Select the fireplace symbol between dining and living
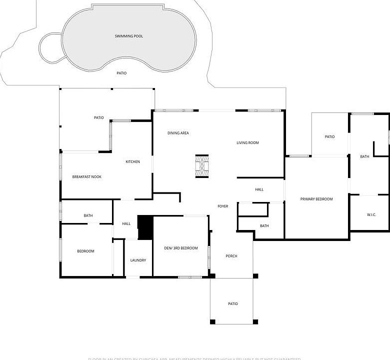coord(202,165)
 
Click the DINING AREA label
coord(177,133)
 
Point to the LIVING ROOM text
coord(247,143)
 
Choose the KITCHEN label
coord(132,161)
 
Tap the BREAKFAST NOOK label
coord(86,176)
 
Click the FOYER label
coord(223,206)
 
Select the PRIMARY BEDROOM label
coord(316,199)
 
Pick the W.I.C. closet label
coord(371,214)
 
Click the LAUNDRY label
coord(138,260)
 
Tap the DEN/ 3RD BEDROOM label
coord(181,248)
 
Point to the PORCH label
coord(231,256)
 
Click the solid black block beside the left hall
coord(145,227)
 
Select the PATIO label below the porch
coord(232,303)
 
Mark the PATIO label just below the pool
coord(121,73)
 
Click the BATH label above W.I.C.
coord(364,156)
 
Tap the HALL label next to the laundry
coord(126,223)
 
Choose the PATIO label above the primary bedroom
coord(329,136)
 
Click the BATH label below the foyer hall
coord(264,225)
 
